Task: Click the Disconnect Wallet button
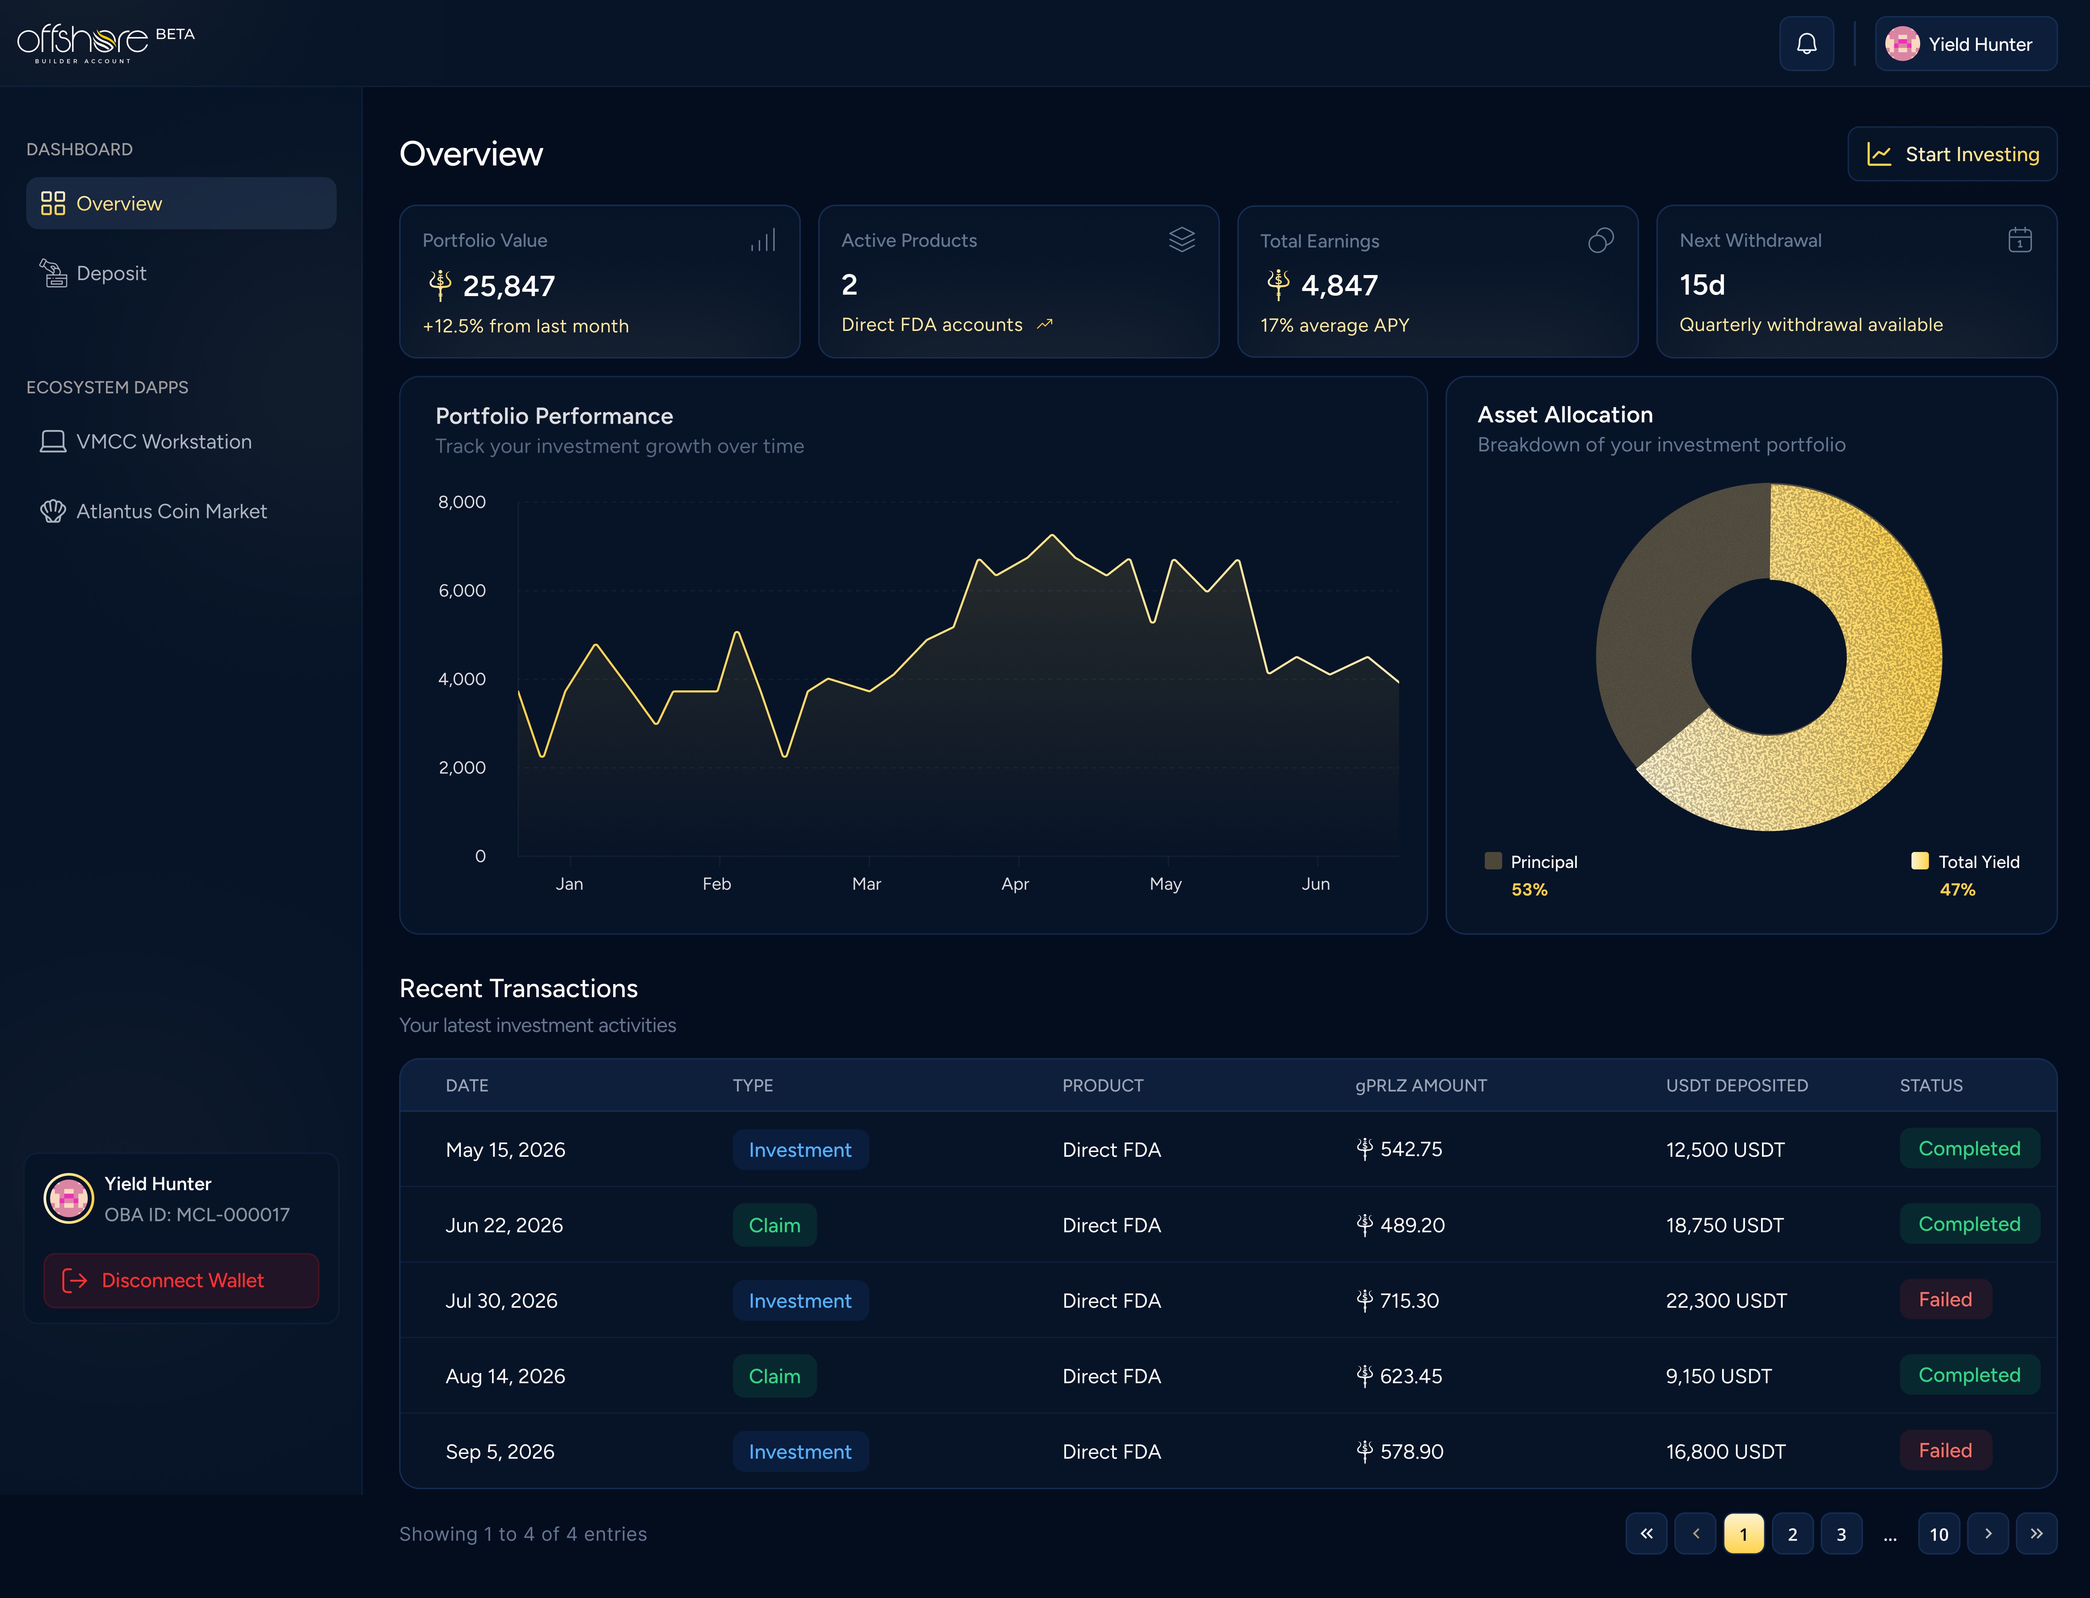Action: point(181,1280)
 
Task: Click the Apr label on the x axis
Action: point(1015,884)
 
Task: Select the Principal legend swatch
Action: point(1493,861)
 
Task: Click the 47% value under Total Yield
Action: point(1957,889)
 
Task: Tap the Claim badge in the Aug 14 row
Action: point(774,1376)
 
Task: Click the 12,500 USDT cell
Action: point(1725,1149)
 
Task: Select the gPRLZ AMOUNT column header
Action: point(1420,1085)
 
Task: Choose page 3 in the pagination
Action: point(1841,1533)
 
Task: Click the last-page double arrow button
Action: point(2036,1533)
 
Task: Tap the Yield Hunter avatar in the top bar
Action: point(1902,44)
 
